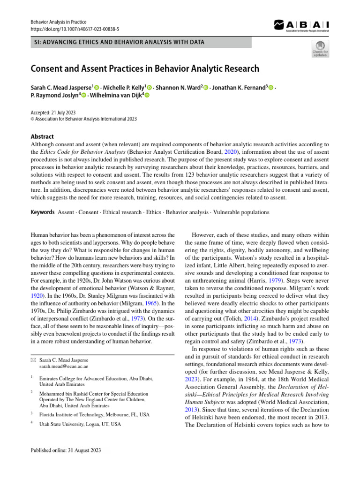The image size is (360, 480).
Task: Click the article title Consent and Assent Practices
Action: [145, 69]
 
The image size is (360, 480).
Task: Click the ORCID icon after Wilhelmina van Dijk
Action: [146, 96]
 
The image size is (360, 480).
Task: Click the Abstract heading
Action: [42, 136]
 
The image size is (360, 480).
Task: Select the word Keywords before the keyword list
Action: [43, 212]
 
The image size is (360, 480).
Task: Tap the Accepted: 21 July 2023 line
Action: [53, 112]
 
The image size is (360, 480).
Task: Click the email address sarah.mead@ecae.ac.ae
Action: [64, 366]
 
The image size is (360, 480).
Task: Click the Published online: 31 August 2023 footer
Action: [66, 450]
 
